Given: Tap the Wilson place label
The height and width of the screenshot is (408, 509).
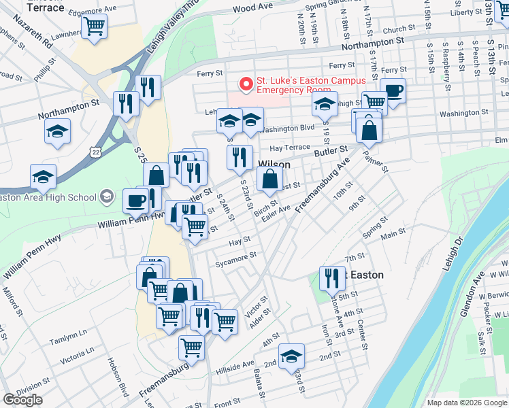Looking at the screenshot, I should [x=274, y=165].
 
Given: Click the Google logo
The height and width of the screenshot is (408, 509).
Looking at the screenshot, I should [x=22, y=400].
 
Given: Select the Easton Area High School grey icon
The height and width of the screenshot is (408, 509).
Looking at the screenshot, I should [x=105, y=197].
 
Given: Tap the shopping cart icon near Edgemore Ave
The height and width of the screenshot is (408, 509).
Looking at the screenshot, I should [x=94, y=27].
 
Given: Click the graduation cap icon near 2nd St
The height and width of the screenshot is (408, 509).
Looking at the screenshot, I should [x=291, y=356].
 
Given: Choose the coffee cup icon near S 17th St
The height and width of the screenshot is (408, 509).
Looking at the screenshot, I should [x=393, y=90].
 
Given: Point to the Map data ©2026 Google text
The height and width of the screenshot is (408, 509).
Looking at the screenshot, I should [x=466, y=403].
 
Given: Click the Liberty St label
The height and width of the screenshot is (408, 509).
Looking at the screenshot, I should [x=466, y=12].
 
